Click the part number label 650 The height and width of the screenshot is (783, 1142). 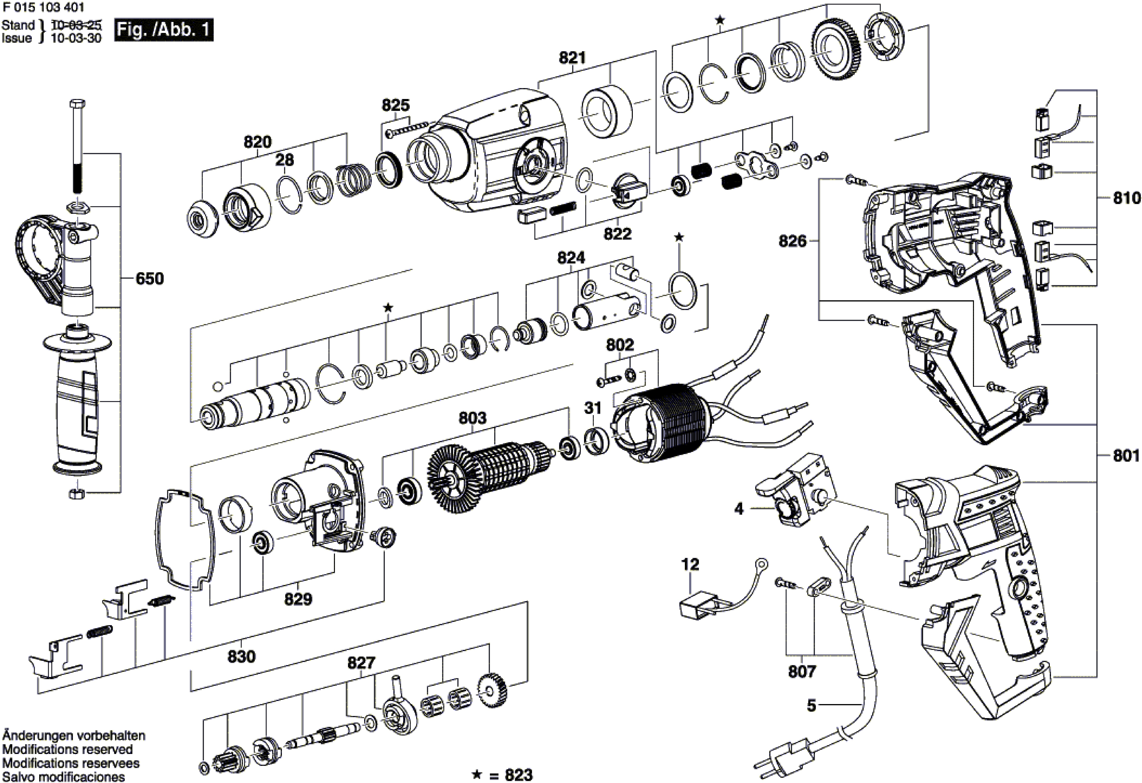[150, 278]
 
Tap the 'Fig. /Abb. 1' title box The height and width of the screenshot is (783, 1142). [164, 30]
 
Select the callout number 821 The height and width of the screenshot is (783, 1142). [573, 58]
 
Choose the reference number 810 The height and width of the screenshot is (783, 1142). [1126, 198]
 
